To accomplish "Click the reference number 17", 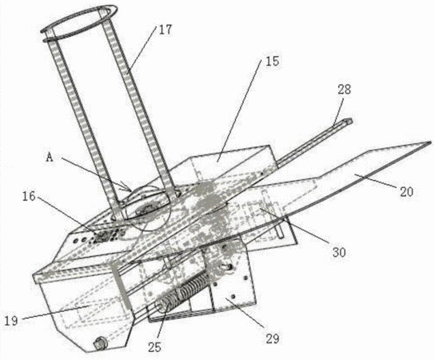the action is point(166,30).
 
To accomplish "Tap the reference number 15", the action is point(273,62).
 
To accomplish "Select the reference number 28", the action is point(345,90).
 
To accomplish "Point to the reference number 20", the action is point(406,192).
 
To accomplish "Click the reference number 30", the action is point(339,252).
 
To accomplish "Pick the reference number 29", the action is point(272,338).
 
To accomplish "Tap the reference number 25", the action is point(154,347).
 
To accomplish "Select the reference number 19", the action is point(11,321).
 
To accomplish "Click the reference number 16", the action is point(29,197).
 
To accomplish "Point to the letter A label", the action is point(50,158).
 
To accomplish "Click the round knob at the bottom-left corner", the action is point(99,344).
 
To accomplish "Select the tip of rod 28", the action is point(350,121).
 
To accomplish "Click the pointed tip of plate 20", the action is point(431,142).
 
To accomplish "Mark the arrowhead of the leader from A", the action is point(129,188).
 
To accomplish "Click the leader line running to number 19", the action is point(55,312).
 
